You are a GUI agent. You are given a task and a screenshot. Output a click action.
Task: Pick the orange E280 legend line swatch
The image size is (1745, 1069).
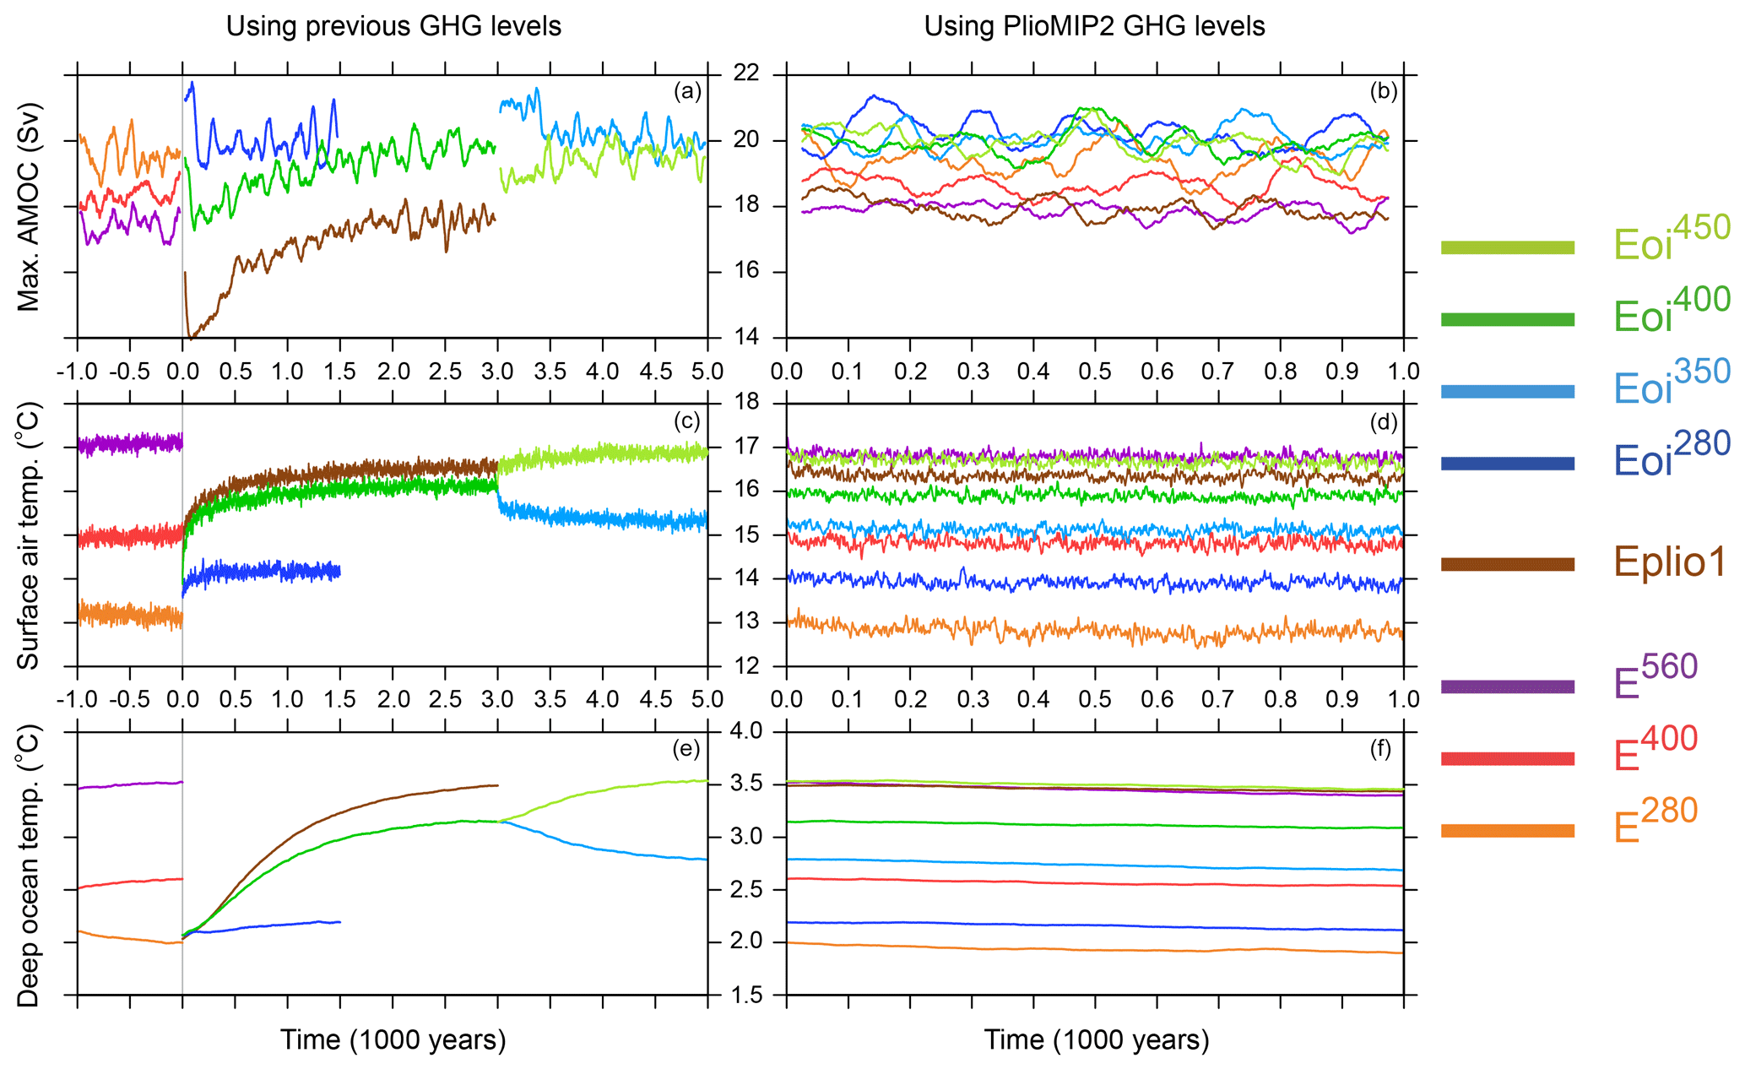tap(1507, 831)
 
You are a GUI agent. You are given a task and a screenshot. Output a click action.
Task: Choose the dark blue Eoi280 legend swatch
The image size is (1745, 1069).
tap(1507, 463)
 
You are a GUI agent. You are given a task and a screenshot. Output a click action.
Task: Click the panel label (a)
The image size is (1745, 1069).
tap(687, 91)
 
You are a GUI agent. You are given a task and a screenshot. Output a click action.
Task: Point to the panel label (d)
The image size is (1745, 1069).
tap(1382, 421)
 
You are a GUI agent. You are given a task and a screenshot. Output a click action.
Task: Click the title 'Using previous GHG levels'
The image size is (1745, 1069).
tap(393, 26)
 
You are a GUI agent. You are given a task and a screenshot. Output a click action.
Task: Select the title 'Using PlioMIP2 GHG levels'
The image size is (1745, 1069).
tap(1094, 26)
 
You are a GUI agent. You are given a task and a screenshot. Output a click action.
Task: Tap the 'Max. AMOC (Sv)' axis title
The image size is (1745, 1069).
tap(30, 207)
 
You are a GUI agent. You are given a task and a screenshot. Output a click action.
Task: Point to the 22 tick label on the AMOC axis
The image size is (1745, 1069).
tap(747, 74)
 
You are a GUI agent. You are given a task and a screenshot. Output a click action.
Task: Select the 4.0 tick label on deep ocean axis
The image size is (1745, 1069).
tap(747, 730)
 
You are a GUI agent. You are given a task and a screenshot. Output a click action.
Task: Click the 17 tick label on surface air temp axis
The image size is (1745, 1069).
tap(747, 447)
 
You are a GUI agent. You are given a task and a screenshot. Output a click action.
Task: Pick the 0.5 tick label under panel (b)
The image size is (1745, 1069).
tap(1095, 372)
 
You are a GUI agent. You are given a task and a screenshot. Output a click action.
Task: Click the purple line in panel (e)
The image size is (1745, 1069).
tap(127, 785)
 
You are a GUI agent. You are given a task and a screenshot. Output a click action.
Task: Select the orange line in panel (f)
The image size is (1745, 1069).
tap(1097, 950)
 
